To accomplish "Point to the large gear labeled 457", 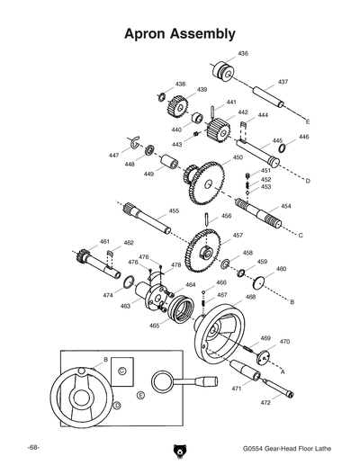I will coord(207,246).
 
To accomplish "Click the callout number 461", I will coord(104,242).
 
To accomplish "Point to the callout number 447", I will coord(114,156).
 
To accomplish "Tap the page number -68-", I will coord(33,447).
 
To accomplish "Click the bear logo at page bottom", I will coord(179,450).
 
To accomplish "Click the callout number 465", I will coord(154,325).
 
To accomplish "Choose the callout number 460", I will coord(281,269).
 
